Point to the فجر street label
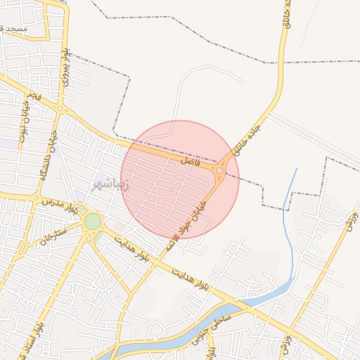click(x=33, y=94)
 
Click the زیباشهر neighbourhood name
click(x=110, y=185)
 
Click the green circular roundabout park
click(x=92, y=221)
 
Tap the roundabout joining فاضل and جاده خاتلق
click(x=220, y=171)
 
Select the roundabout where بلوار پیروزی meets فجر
click(x=60, y=109)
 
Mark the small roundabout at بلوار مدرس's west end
click(x=36, y=198)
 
